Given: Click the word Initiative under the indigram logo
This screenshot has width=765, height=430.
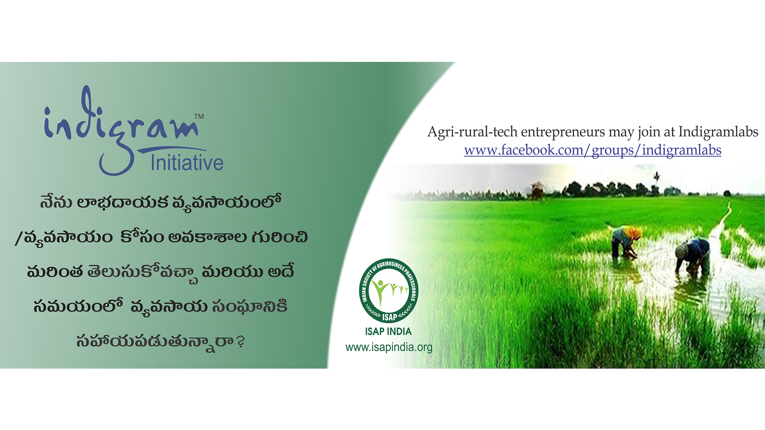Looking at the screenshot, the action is (187, 163).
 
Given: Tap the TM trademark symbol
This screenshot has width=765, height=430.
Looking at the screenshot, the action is (199, 116).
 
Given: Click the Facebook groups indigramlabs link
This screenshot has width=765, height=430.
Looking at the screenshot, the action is (592, 150).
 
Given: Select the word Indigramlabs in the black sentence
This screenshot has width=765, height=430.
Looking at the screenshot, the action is (718, 131).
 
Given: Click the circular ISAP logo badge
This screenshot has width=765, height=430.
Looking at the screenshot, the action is (388, 291).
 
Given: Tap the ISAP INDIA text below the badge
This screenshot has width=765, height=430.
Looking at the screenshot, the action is (388, 331).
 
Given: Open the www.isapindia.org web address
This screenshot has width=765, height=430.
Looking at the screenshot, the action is (389, 347).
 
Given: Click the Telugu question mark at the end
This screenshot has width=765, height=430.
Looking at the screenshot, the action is (240, 342).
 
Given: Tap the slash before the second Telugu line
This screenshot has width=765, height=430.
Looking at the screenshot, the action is (18, 238).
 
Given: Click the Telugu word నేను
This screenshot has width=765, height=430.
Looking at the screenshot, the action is (56, 201).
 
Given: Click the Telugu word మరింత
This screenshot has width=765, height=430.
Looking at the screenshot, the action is (55, 272).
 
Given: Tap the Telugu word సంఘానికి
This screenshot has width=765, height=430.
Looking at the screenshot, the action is (250, 307).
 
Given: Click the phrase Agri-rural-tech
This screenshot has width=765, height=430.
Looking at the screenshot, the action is (473, 132).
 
